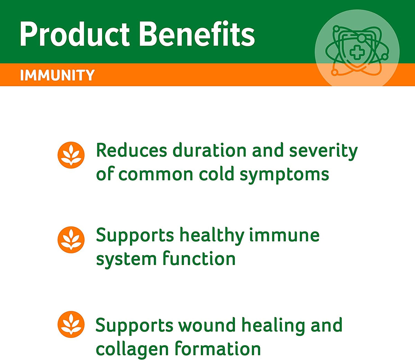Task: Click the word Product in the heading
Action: click(x=75, y=34)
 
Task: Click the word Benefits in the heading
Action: click(x=197, y=34)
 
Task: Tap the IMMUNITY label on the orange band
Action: click(x=57, y=75)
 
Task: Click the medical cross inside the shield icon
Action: click(x=357, y=53)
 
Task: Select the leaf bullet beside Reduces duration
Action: click(x=71, y=155)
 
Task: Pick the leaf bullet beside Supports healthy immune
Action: click(x=71, y=240)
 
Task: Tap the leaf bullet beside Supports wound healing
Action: click(x=71, y=324)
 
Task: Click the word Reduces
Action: click(x=132, y=150)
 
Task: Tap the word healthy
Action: click(x=212, y=236)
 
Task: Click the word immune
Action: click(x=284, y=235)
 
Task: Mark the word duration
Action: click(x=209, y=150)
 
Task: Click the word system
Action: click(x=126, y=259)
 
